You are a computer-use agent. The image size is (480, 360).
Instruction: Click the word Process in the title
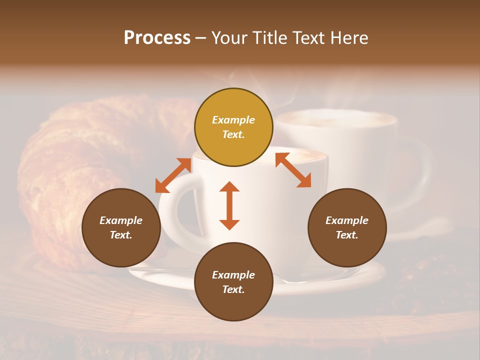pos(157,38)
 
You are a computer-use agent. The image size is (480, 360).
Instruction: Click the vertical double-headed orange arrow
pos(229,205)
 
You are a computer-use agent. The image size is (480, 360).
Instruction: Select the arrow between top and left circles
pos(173,175)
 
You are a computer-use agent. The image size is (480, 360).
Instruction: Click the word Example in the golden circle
pos(233,120)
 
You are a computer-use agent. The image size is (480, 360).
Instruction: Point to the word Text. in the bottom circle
pos(233,289)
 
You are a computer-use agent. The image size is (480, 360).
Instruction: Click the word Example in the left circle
pos(121,220)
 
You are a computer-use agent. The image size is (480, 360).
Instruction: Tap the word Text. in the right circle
pos(347,235)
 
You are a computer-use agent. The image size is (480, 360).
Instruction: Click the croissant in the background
pos(65,165)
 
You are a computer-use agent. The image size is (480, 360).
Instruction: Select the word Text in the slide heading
pos(308,38)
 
